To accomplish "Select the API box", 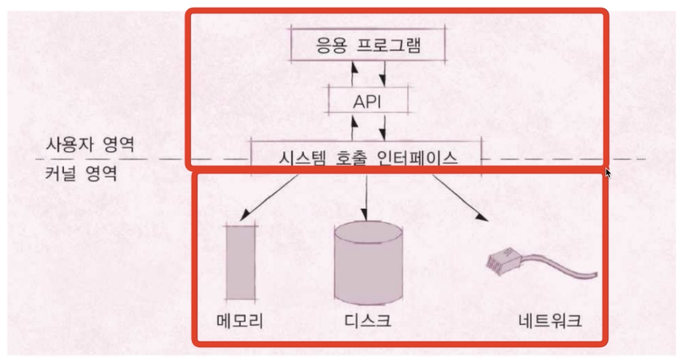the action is tap(369, 102).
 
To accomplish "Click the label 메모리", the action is tap(240, 322).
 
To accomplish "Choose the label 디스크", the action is tap(367, 322).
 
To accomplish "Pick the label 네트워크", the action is tap(549, 322).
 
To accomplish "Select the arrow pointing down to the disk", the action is tap(365, 196).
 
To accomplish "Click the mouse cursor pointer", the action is tap(609, 173).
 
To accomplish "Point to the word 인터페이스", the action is tap(419, 158).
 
